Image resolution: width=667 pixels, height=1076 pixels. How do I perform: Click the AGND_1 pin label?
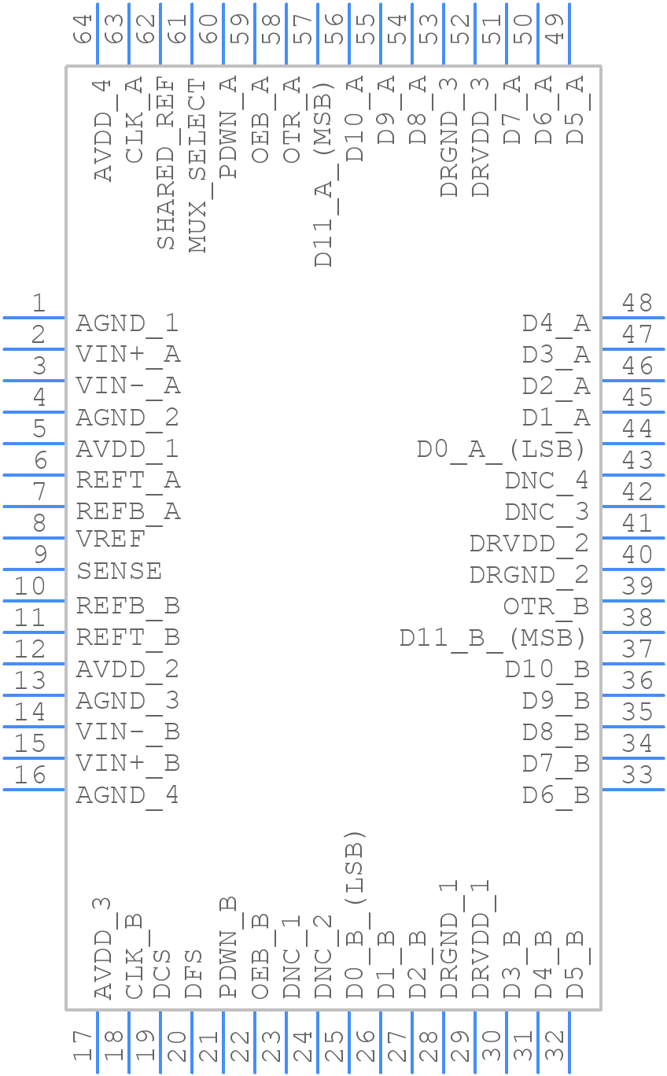(x=127, y=323)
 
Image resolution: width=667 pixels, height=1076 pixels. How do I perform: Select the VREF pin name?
(x=110, y=540)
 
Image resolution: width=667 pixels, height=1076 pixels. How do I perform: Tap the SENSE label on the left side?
(x=119, y=570)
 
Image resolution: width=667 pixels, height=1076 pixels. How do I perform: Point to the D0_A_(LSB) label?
(x=501, y=449)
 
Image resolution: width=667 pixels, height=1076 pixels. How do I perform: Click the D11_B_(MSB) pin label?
(x=492, y=637)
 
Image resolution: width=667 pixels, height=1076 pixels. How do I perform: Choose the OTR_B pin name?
(x=546, y=606)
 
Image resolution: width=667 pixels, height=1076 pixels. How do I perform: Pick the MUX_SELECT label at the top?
(x=197, y=165)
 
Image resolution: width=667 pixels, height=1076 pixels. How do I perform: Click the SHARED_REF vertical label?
(x=166, y=163)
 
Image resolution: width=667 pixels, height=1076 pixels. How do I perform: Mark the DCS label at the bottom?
(x=162, y=975)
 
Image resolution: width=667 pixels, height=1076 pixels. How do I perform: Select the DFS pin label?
(x=193, y=975)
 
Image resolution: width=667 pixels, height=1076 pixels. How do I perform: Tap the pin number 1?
(x=38, y=303)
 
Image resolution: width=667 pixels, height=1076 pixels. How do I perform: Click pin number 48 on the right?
(x=636, y=303)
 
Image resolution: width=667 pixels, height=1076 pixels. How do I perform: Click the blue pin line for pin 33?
(x=632, y=789)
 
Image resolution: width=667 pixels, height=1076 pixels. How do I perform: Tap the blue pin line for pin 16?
(x=35, y=789)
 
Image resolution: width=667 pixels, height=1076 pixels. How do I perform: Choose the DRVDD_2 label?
(x=529, y=544)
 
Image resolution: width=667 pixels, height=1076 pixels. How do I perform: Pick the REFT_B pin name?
(x=127, y=637)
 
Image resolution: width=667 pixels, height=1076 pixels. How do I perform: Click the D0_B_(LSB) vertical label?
(x=355, y=915)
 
